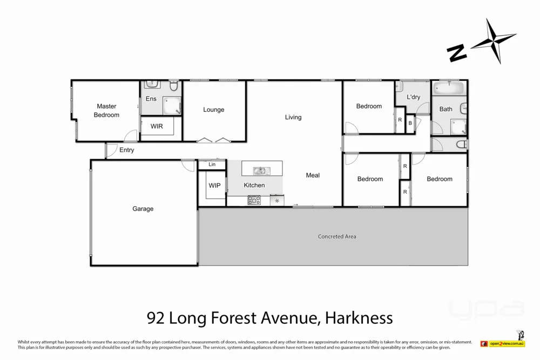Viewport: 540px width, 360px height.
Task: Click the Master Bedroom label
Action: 106,111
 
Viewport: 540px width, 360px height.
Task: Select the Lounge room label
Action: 213,110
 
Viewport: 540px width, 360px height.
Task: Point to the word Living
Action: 293,117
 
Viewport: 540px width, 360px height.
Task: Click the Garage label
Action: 143,209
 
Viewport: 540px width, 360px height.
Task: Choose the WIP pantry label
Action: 214,186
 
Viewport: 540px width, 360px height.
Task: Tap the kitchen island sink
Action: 261,171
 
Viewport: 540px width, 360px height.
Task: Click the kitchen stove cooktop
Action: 254,200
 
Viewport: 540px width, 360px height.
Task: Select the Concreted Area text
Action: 337,236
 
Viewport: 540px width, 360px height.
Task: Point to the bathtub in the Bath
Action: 448,88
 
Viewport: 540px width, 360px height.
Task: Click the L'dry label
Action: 413,97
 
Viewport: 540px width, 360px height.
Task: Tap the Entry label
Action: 127,150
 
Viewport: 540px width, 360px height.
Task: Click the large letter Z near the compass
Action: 457,52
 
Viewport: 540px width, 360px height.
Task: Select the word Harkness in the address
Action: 359,318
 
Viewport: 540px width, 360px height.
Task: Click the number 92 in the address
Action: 156,318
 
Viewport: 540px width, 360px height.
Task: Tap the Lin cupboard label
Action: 212,164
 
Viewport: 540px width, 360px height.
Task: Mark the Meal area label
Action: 313,175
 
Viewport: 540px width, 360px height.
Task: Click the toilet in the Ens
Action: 174,86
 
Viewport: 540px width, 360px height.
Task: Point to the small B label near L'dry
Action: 410,124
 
